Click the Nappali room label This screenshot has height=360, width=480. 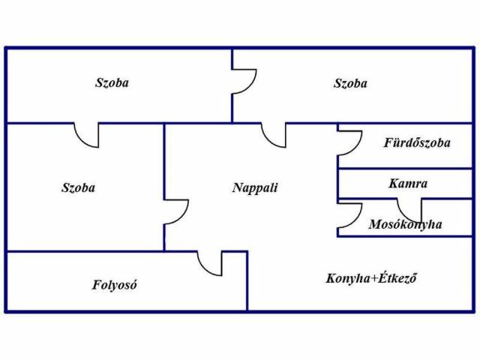[255, 187]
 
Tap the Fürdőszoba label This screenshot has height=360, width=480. [417, 142]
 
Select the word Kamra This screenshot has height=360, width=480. [408, 183]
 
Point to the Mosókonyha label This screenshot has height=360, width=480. [405, 224]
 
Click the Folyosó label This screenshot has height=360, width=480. [115, 285]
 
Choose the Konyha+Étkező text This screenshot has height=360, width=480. [371, 278]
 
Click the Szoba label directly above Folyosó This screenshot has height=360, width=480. [78, 187]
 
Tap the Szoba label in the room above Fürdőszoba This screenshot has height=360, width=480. [350, 83]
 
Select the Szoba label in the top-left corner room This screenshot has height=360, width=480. [112, 82]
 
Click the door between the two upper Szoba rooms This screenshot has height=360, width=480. [243, 81]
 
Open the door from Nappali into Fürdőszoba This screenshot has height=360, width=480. [349, 142]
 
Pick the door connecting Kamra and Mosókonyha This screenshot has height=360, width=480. [409, 211]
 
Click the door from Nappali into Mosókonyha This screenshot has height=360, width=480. [349, 216]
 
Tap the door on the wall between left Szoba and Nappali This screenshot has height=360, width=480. [175, 211]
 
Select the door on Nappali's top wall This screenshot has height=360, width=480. [273, 134]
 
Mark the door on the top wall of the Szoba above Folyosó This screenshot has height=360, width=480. [86, 134]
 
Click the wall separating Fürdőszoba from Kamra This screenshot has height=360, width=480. [405, 169]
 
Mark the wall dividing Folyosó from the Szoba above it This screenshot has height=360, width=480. [82, 252]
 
